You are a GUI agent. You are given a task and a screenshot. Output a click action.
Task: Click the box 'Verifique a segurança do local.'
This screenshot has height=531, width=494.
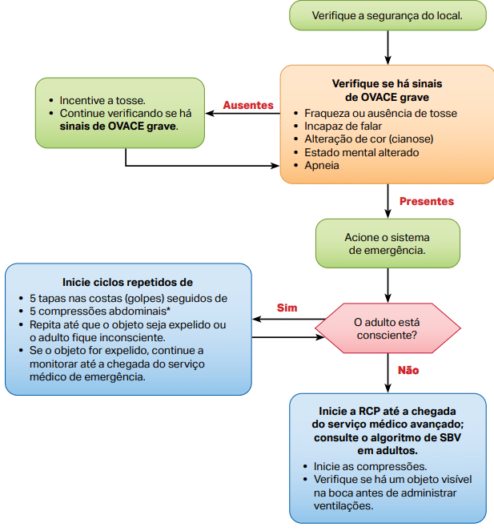[x=388, y=15]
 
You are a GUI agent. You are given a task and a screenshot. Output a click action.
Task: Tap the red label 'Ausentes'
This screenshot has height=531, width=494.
[x=248, y=106]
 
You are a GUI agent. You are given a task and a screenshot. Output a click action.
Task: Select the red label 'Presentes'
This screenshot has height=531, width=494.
[x=426, y=201]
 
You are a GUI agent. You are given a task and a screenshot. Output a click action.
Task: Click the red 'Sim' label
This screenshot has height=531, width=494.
[x=287, y=308]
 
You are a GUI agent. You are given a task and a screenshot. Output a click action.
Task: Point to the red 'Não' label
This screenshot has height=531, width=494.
[x=408, y=370]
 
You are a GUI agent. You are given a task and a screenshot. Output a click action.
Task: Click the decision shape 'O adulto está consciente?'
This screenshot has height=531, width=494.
[x=388, y=329]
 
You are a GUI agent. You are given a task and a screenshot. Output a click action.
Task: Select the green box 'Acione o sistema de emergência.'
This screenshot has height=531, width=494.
[x=388, y=243]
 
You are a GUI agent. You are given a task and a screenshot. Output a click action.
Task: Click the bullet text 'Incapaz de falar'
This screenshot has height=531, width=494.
[x=343, y=127]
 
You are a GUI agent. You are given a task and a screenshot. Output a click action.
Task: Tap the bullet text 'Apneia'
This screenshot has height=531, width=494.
[x=322, y=165]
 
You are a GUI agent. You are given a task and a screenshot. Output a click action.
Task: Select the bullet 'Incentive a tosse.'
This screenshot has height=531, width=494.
[x=102, y=100]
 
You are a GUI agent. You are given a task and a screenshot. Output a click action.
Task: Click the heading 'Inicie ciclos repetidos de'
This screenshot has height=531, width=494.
[x=127, y=282]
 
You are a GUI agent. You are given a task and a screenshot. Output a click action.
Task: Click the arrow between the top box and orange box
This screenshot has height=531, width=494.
[x=388, y=47]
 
